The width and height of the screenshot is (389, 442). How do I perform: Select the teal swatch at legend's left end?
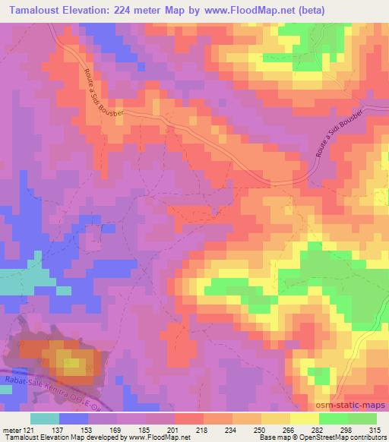45,418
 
